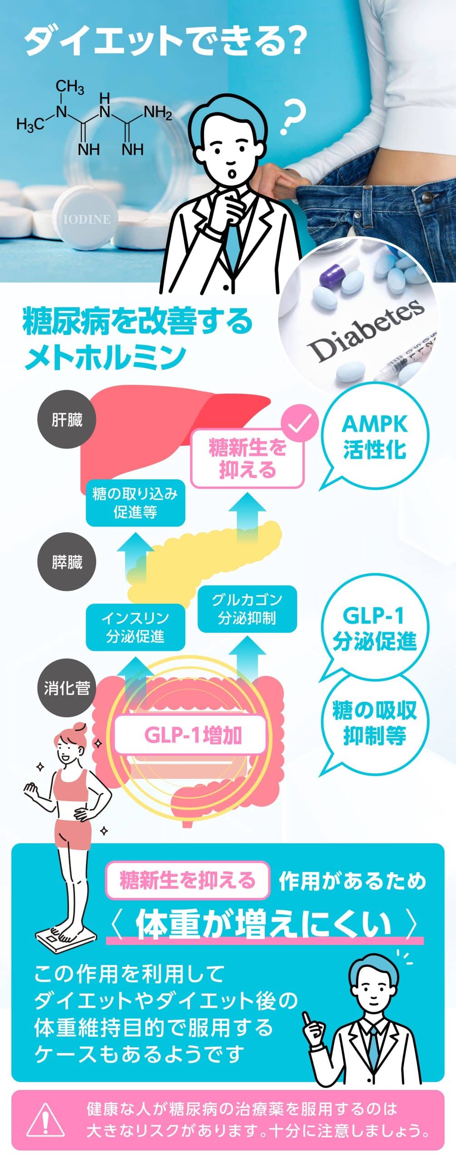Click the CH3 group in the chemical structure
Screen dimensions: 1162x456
(x=69, y=86)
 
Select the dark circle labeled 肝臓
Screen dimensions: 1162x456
(x=67, y=420)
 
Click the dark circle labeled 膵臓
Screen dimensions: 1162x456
(x=67, y=562)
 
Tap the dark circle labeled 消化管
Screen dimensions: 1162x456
(x=67, y=688)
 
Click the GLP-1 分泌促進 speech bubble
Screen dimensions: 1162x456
(x=375, y=628)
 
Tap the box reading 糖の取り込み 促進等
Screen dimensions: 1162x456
(x=135, y=503)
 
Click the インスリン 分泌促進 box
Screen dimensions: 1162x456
(x=135, y=627)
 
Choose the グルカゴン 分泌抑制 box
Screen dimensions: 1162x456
(x=247, y=609)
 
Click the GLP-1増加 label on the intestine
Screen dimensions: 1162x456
(x=191, y=735)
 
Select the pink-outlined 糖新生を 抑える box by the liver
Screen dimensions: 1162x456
(x=247, y=459)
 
